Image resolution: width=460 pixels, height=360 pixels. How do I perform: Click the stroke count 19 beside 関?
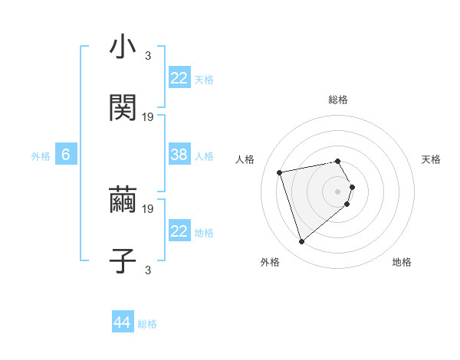click(x=149, y=117)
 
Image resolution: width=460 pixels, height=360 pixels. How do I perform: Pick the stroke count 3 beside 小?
click(x=148, y=56)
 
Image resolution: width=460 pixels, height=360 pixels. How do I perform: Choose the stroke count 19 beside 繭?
click(x=149, y=208)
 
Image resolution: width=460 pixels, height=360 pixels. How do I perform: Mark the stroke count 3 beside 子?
click(x=148, y=270)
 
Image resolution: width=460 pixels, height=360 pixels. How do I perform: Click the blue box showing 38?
click(x=179, y=155)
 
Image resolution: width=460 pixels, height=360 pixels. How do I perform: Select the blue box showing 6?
click(x=66, y=155)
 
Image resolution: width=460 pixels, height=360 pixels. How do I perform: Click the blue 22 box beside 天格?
click(x=179, y=78)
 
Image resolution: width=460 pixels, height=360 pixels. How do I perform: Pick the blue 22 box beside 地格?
click(x=179, y=231)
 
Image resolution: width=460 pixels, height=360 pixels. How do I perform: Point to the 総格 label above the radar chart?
click(x=338, y=100)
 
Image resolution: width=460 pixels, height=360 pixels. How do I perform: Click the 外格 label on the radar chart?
click(x=270, y=263)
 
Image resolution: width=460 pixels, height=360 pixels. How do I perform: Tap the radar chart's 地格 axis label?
click(x=402, y=263)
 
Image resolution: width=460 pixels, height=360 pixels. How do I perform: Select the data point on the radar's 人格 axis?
click(x=280, y=172)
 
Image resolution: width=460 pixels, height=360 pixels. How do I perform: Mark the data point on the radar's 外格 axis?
click(x=301, y=242)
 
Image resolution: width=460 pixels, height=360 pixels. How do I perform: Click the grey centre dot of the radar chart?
click(x=338, y=191)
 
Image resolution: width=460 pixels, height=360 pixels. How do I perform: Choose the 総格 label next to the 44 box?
click(x=147, y=324)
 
